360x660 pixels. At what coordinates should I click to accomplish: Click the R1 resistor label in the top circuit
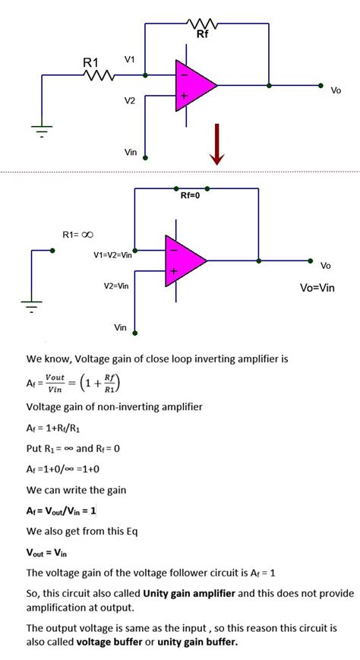pyautogui.click(x=90, y=63)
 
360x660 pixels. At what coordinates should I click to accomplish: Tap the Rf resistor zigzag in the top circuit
pyautogui.click(x=202, y=24)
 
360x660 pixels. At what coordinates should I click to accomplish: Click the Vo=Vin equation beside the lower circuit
pyautogui.click(x=317, y=288)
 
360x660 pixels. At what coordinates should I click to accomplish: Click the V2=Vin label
pyautogui.click(x=116, y=286)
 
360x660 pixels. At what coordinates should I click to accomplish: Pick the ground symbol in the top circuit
pyautogui.click(x=42, y=131)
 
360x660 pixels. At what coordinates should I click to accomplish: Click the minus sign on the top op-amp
pyautogui.click(x=184, y=75)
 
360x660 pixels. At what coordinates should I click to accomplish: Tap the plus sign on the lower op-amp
pyautogui.click(x=173, y=271)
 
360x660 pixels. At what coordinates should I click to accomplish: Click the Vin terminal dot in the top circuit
pyautogui.click(x=145, y=158)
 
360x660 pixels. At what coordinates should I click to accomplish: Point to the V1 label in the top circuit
pyautogui.click(x=130, y=59)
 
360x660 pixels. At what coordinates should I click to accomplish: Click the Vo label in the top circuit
pyautogui.click(x=336, y=90)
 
